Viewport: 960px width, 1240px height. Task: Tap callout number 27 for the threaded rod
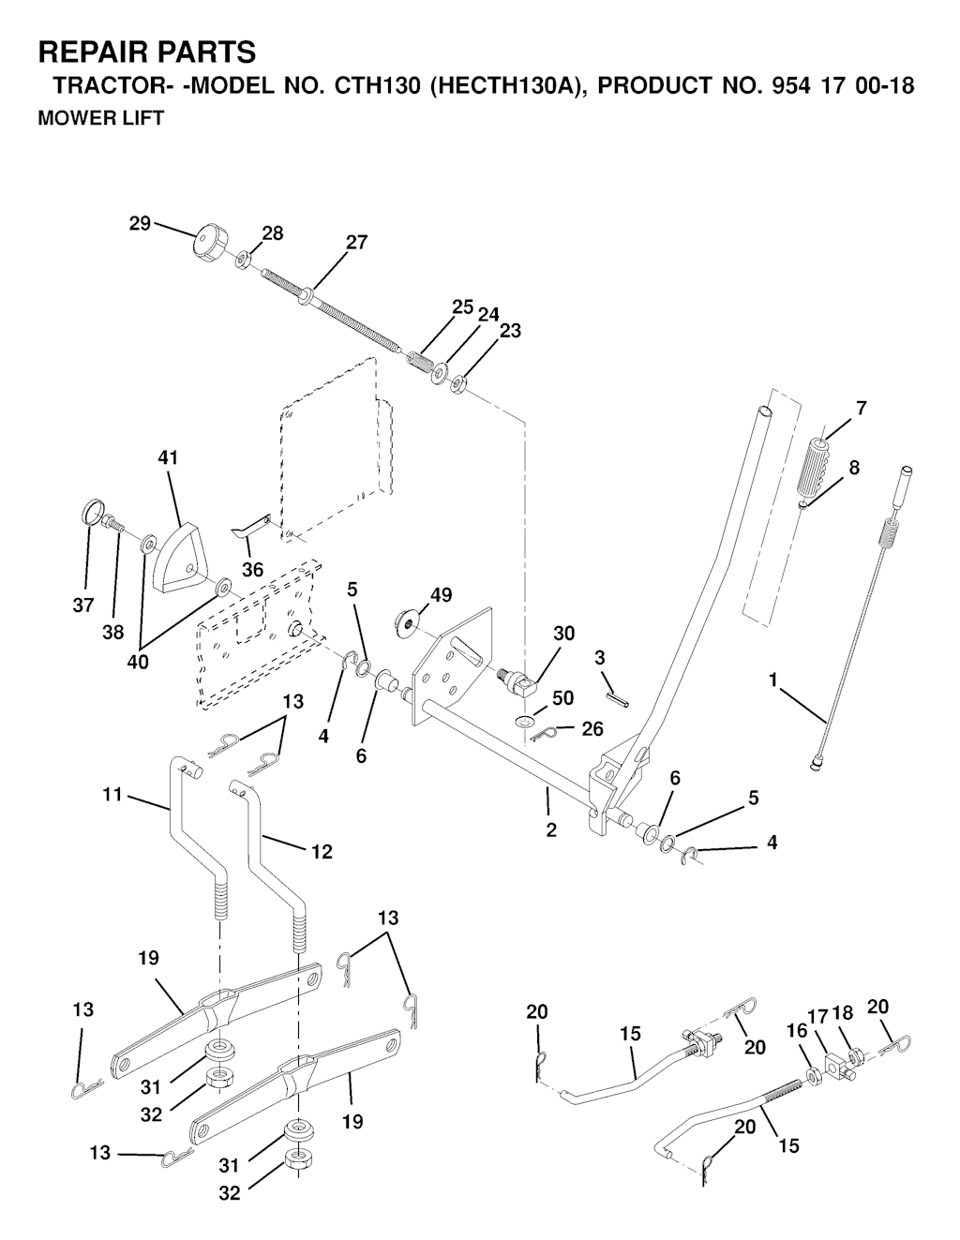[x=356, y=242]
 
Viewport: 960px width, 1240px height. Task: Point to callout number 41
[x=169, y=458]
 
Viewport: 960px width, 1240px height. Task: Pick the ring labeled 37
[x=90, y=514]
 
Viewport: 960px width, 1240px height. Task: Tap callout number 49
[x=441, y=595]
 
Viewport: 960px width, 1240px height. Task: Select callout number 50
[x=562, y=698]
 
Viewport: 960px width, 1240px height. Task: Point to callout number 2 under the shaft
[x=551, y=829]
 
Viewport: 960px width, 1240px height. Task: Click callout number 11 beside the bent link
[x=112, y=796]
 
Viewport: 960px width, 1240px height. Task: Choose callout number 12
[x=322, y=851]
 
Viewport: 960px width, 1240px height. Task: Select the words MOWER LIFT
[x=100, y=118]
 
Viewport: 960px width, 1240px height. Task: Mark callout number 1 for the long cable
[x=773, y=680]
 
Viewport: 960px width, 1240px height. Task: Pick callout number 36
[x=252, y=569]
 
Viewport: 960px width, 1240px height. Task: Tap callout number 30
[x=563, y=634]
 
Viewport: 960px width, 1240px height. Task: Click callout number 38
[x=112, y=633]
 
